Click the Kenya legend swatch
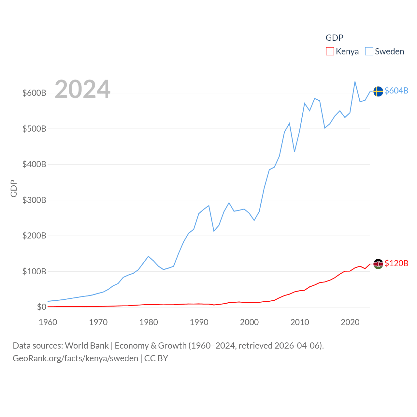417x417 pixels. pyautogui.click(x=330, y=51)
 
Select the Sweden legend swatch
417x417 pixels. pyautogui.click(x=369, y=51)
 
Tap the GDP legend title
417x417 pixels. pyautogui.click(x=334, y=38)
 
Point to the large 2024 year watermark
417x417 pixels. pyautogui.click(x=82, y=89)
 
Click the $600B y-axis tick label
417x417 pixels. pyautogui.click(x=34, y=93)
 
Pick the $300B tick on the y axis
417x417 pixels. pyautogui.click(x=34, y=200)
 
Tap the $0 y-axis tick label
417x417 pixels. pyautogui.click(x=42, y=307)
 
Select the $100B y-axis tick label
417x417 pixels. pyautogui.click(x=34, y=271)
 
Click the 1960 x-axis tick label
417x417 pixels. pyautogui.click(x=48, y=322)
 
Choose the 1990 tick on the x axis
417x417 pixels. pyautogui.click(x=199, y=322)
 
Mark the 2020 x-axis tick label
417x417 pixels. pyautogui.click(x=350, y=322)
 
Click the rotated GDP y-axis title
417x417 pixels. pyautogui.click(x=14, y=188)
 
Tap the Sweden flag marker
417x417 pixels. pyautogui.click(x=378, y=92)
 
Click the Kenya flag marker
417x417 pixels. pyautogui.click(x=378, y=264)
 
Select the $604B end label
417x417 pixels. pyautogui.click(x=396, y=91)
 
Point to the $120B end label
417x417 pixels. pyautogui.click(x=396, y=263)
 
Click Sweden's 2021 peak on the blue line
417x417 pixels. pyautogui.click(x=355, y=82)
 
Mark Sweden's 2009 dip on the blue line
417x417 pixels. pyautogui.click(x=295, y=151)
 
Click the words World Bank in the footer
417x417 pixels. pyautogui.click(x=87, y=345)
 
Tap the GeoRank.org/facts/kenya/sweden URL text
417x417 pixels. pyautogui.click(x=75, y=358)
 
